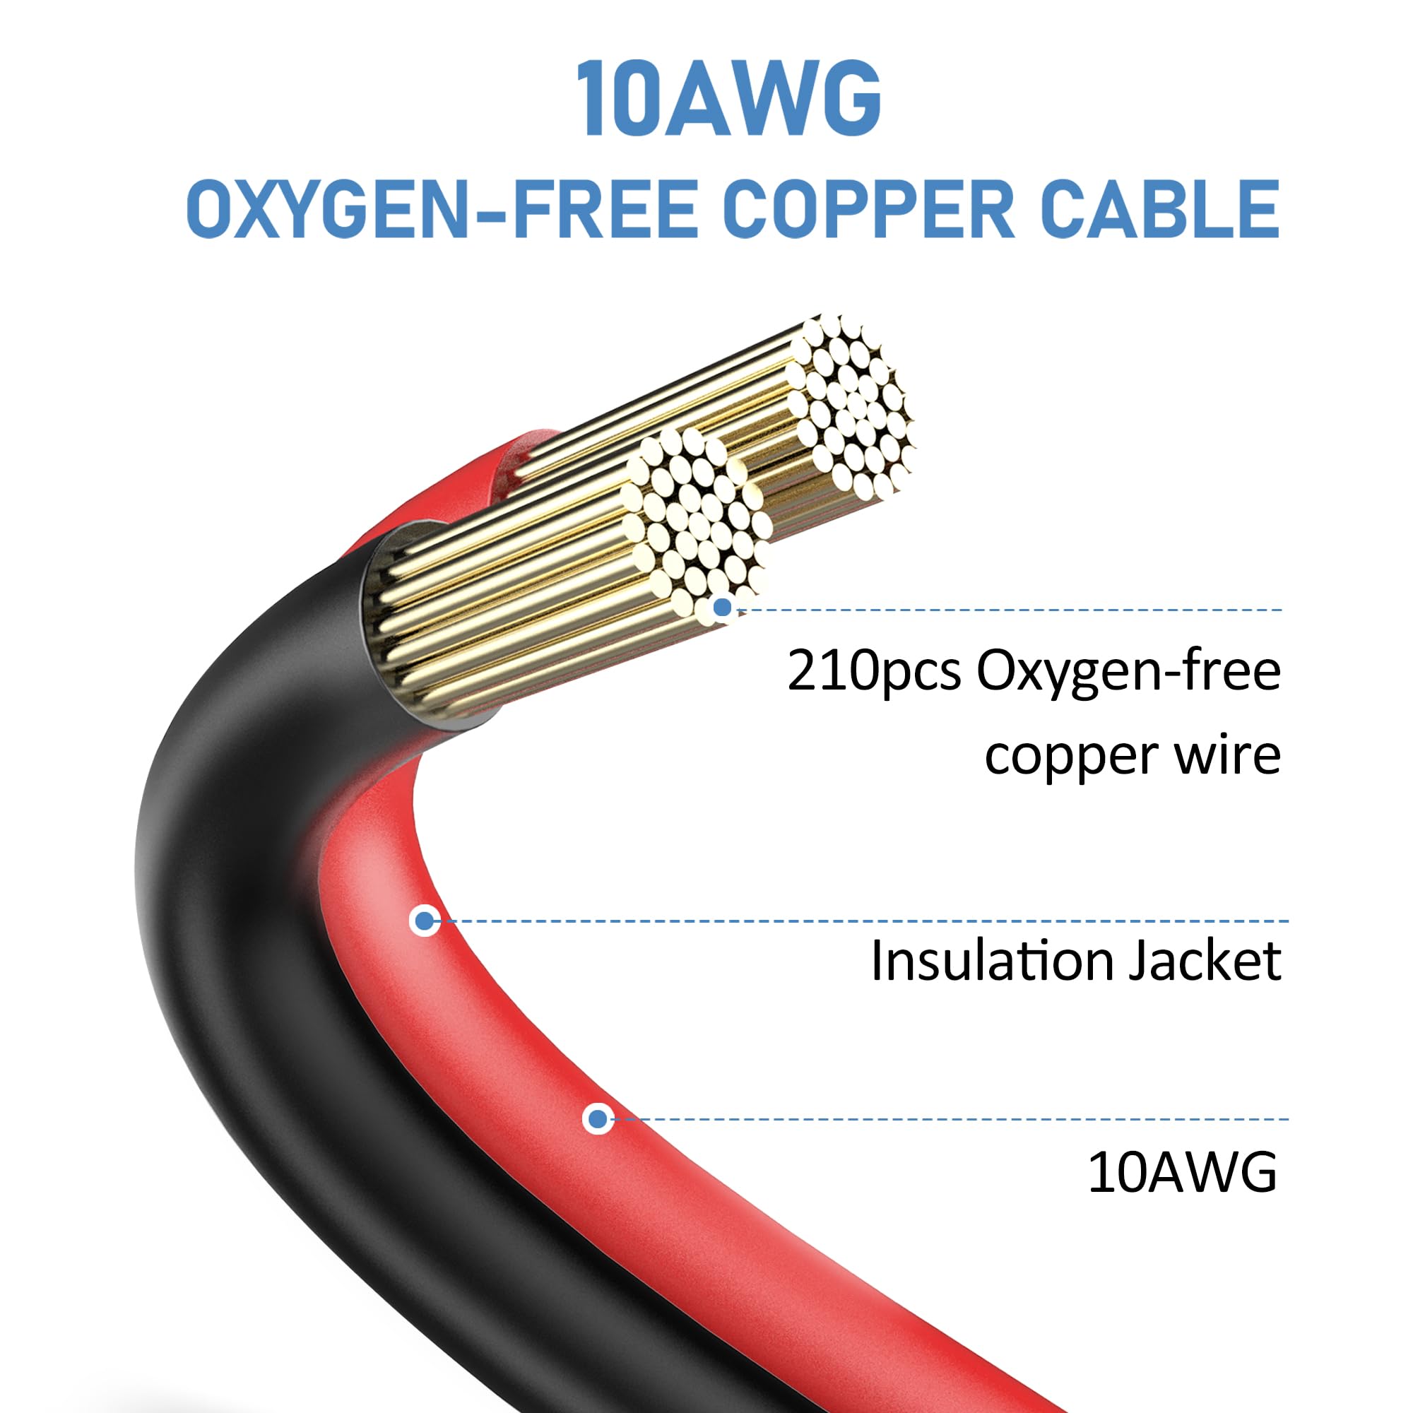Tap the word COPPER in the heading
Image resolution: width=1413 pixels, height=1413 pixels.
point(868,210)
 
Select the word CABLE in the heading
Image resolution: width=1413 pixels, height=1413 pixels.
point(1159,210)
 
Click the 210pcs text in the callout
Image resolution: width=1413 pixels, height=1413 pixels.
point(873,671)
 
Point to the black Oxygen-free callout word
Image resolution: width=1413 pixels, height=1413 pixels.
point(1128,671)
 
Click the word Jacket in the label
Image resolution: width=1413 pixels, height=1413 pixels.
point(1204,960)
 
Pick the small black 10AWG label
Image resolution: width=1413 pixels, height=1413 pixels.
point(1182,1172)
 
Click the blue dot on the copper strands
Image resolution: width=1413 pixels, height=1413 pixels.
point(723,607)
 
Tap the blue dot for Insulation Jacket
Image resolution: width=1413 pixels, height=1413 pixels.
point(424,921)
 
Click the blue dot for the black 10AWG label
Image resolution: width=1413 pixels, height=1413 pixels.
point(598,1118)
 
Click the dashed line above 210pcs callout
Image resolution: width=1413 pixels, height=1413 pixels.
point(1010,609)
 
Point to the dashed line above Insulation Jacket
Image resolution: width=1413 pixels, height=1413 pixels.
point(863,921)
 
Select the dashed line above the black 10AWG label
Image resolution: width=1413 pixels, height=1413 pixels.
point(951,1119)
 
